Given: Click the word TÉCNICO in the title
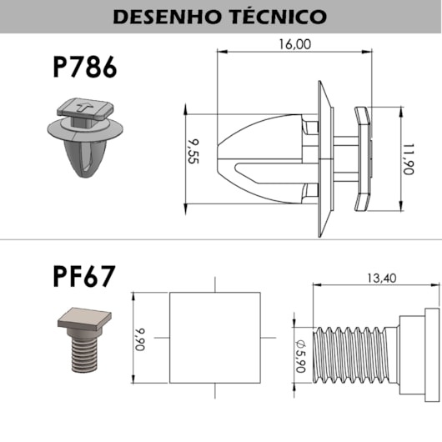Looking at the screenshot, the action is (x=279, y=16).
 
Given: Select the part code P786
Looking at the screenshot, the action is (x=84, y=67).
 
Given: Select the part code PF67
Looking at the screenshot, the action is (x=84, y=276).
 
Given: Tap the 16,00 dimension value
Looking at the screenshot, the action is (x=295, y=44).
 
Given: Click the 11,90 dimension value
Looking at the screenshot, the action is (x=408, y=159).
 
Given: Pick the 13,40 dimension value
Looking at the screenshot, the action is (x=381, y=279).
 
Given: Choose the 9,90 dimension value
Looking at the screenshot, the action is (x=139, y=339).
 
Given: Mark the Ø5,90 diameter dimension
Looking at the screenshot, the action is (x=300, y=356).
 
